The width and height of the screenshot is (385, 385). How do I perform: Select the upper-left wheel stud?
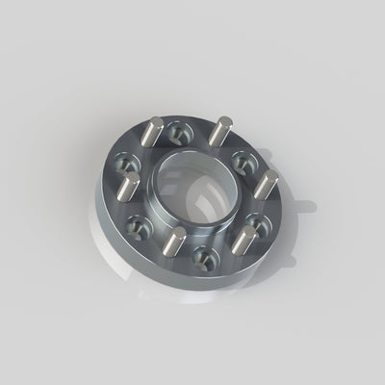[153, 133]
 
